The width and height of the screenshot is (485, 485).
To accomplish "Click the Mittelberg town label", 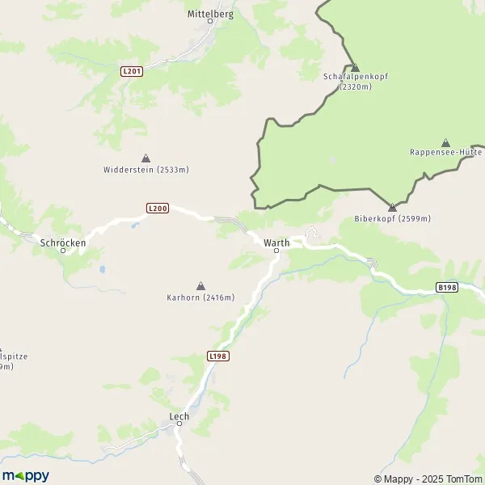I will [210, 14].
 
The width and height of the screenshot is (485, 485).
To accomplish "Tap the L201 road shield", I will [132, 71].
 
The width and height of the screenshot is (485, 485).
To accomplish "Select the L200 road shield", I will [158, 208].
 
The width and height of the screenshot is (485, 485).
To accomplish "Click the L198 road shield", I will [217, 356].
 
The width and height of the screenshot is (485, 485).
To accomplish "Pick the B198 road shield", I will [446, 287].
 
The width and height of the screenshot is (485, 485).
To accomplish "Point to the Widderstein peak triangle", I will [145, 158].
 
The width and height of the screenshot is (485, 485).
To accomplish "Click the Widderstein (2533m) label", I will [146, 170].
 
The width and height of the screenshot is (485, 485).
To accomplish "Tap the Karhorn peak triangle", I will [200, 285].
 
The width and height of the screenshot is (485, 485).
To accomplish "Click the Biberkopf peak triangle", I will [392, 208].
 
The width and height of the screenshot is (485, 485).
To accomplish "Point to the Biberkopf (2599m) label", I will [392, 219].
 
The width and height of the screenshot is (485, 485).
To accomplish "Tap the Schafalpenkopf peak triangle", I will [354, 68].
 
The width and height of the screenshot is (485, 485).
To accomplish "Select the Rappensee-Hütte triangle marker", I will [445, 142].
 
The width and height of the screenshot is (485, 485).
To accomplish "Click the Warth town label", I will [276, 241].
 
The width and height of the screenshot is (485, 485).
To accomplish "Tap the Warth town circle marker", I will [276, 251].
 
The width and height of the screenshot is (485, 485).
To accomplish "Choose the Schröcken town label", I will [63, 241].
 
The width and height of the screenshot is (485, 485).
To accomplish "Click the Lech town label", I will [179, 417].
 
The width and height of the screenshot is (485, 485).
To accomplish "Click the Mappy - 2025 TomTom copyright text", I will [428, 479].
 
